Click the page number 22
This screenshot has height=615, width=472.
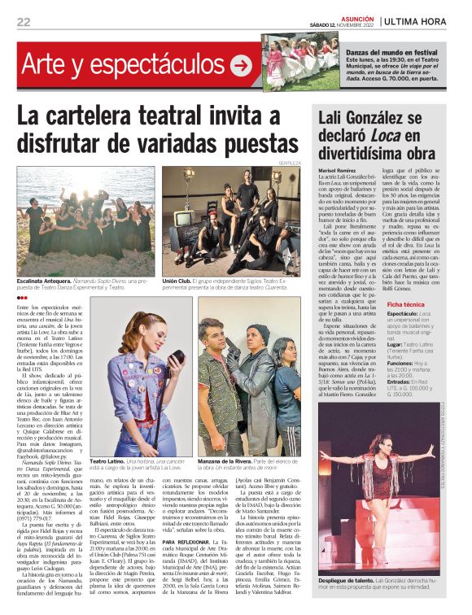point(23,22)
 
